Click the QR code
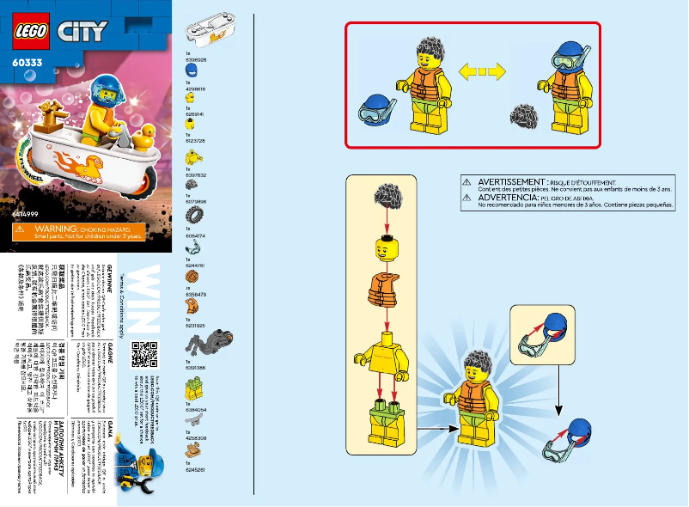pos(144,356)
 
